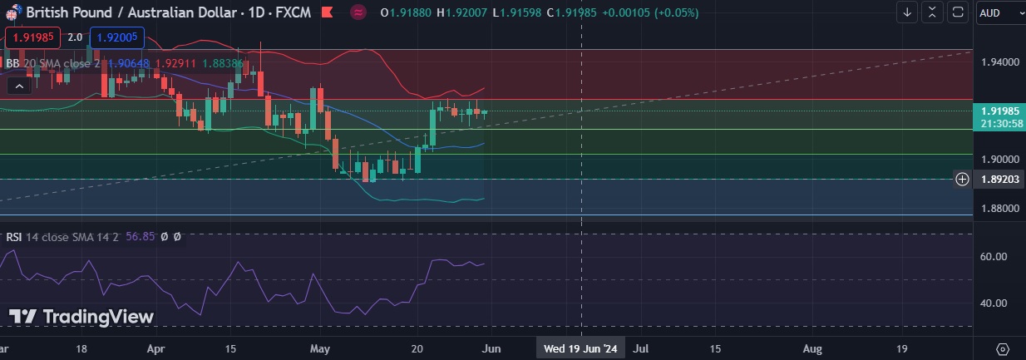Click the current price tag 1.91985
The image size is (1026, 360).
(1000, 111)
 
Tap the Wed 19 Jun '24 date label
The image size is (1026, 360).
(580, 348)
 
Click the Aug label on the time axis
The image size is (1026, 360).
(813, 348)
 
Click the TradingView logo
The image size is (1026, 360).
(81, 317)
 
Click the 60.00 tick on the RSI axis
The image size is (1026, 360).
(994, 257)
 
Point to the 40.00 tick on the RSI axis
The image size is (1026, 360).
(994, 303)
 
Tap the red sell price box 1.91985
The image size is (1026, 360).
(31, 37)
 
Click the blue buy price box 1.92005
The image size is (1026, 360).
(117, 37)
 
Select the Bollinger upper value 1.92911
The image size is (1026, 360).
(174, 62)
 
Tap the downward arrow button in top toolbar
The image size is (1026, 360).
(907, 12)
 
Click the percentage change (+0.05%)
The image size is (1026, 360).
(668, 12)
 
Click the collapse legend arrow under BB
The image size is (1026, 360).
(18, 85)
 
